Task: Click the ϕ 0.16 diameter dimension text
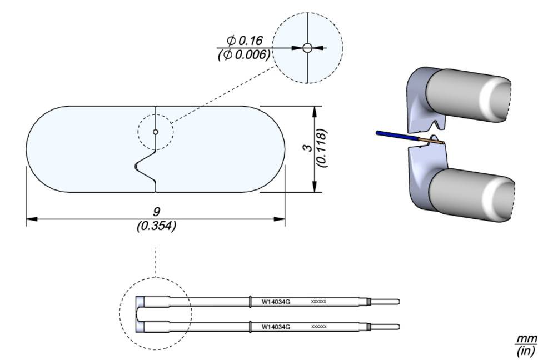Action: (244, 41)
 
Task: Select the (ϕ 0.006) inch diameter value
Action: (244, 54)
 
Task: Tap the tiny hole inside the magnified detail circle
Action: (307, 48)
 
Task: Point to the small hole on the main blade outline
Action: (156, 132)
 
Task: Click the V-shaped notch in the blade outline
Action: (143, 165)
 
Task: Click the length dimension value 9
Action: (156, 212)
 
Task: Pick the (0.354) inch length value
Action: (156, 226)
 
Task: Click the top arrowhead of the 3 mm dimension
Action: (316, 110)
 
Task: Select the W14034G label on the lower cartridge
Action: (276, 327)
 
